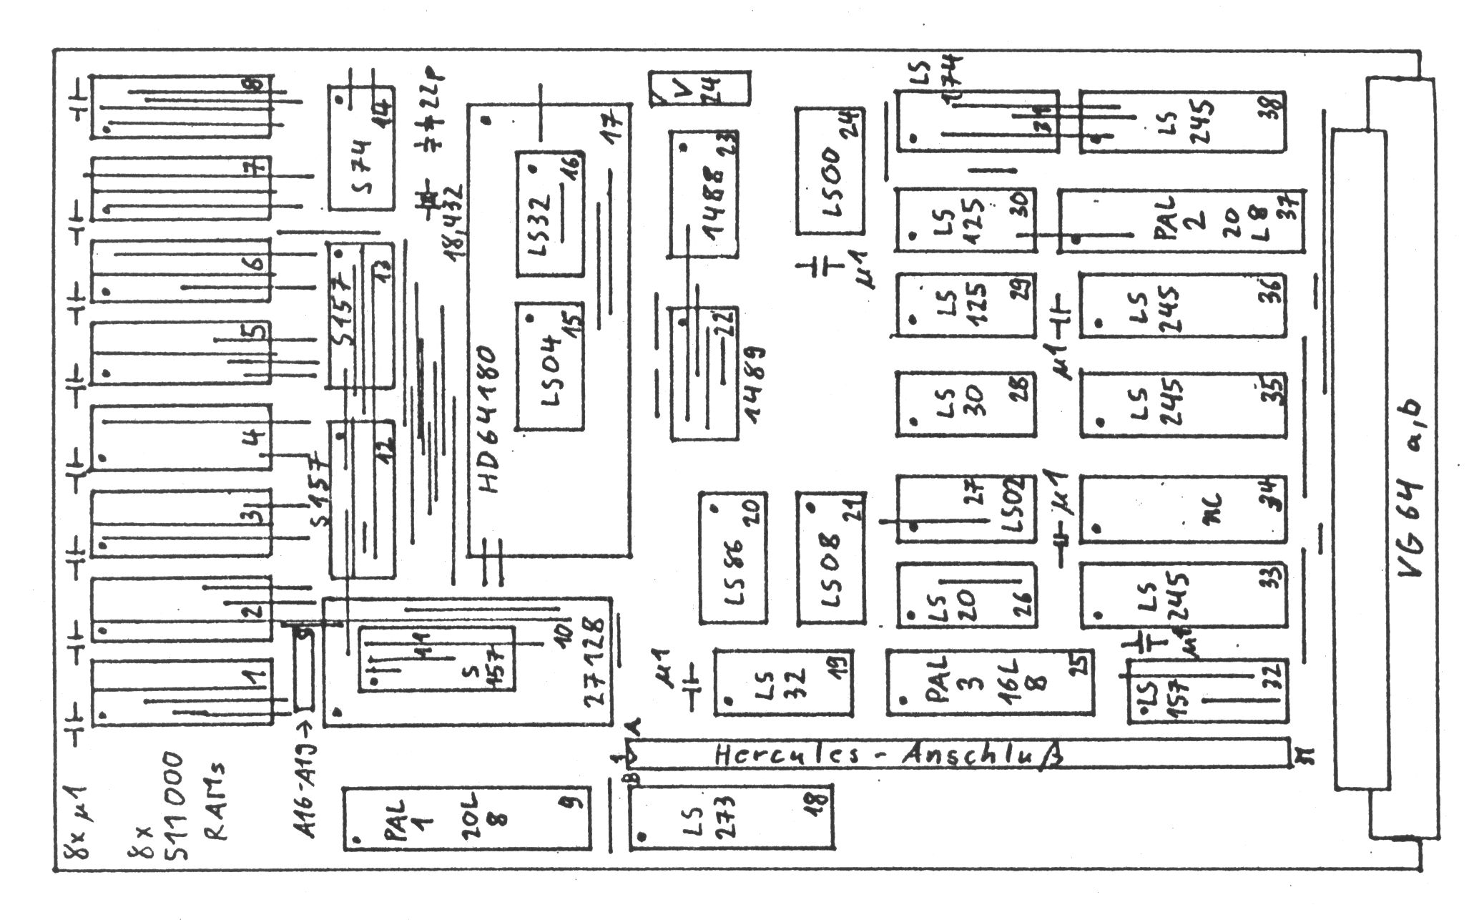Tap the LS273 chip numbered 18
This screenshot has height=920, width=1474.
[x=732, y=816]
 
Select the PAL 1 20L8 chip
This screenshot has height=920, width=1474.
[x=468, y=819]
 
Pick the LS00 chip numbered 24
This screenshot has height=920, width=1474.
[x=830, y=171]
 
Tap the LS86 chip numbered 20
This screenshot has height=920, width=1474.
[x=733, y=557]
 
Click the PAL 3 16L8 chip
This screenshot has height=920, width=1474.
[x=990, y=682]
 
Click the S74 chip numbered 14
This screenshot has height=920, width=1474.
[x=362, y=147]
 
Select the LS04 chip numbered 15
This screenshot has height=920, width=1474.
[x=549, y=366]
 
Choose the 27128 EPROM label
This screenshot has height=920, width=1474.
[x=598, y=662]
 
